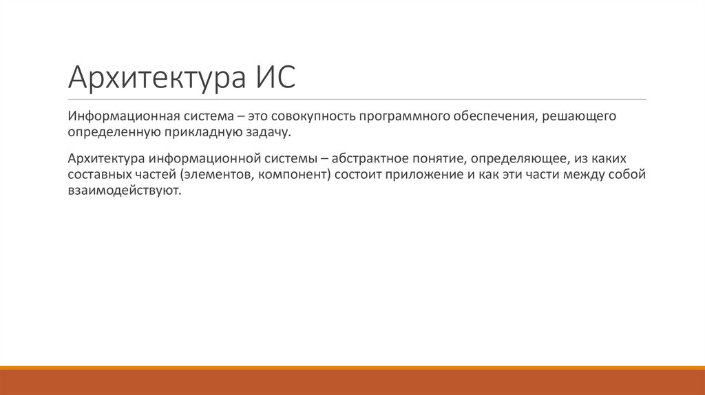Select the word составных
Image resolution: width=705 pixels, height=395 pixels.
96,174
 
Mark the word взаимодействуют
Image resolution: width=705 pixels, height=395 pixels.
124,190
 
